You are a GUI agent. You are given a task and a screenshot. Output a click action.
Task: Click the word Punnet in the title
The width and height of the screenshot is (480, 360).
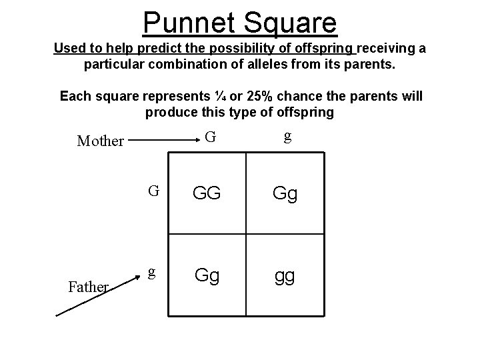186,22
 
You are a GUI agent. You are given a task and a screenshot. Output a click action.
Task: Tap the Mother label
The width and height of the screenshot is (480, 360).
101,141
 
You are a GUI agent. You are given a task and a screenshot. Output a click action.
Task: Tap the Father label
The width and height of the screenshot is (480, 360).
89,287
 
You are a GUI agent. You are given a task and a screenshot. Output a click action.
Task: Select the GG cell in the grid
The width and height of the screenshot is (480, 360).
207,195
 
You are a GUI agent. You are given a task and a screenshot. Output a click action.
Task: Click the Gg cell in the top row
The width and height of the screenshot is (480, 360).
285,195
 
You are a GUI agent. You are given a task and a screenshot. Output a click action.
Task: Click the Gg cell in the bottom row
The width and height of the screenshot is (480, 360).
207,276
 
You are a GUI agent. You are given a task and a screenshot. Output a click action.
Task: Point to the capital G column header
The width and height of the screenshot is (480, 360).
210,138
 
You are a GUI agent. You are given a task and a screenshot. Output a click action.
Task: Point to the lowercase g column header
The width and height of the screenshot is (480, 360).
287,137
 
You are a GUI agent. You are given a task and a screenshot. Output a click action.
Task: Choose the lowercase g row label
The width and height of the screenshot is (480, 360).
152,273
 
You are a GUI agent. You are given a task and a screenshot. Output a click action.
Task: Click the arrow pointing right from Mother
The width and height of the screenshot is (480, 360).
159,141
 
